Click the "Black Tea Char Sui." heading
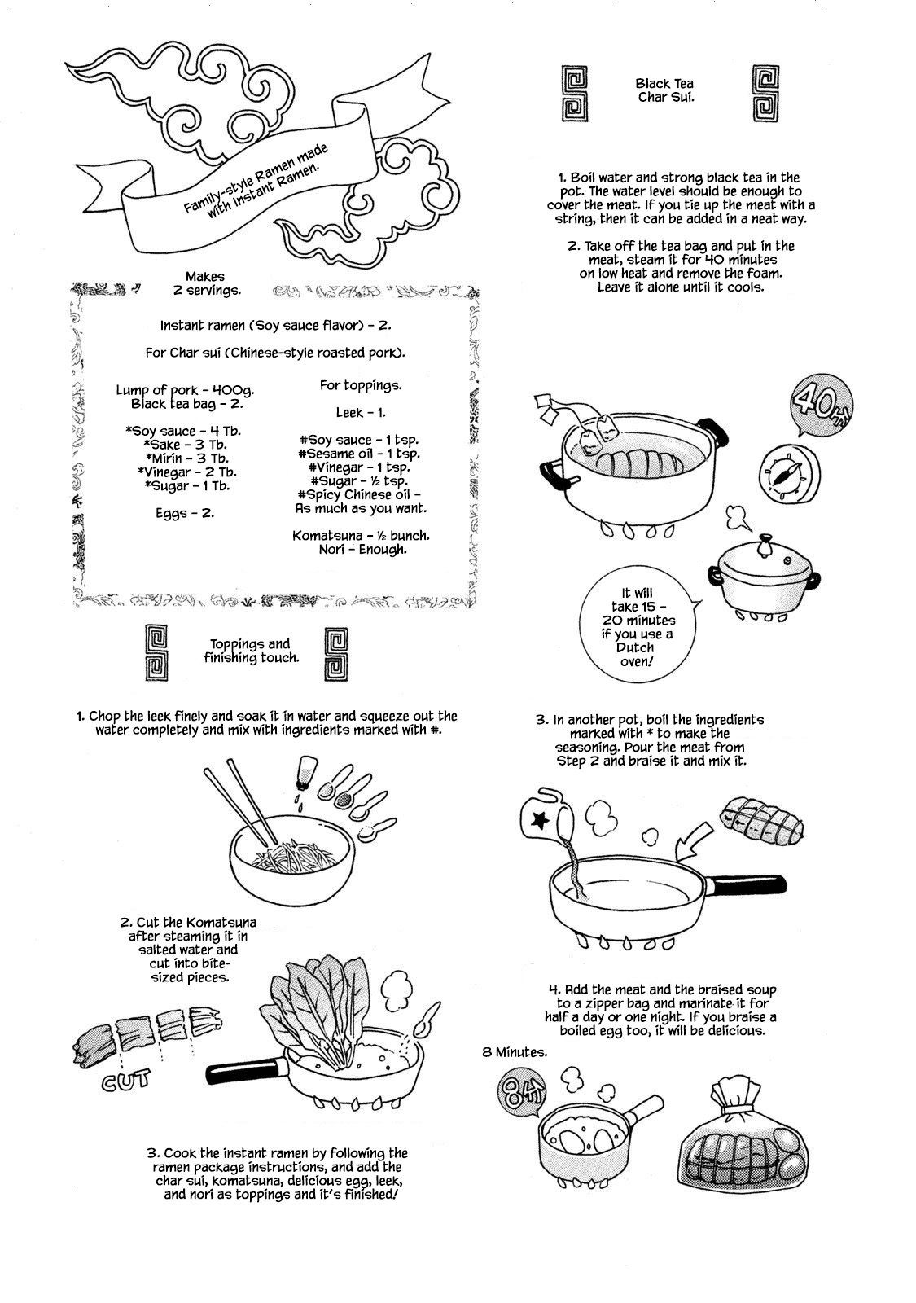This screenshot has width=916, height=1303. [664, 90]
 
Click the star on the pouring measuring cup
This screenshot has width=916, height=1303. [538, 822]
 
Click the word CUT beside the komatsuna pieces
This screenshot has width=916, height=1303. [126, 1081]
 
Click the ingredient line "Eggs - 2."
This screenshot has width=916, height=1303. [185, 514]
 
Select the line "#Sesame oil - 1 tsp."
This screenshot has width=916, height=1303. [358, 454]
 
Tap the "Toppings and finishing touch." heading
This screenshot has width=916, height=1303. [251, 651]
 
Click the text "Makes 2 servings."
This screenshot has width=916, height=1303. [205, 283]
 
